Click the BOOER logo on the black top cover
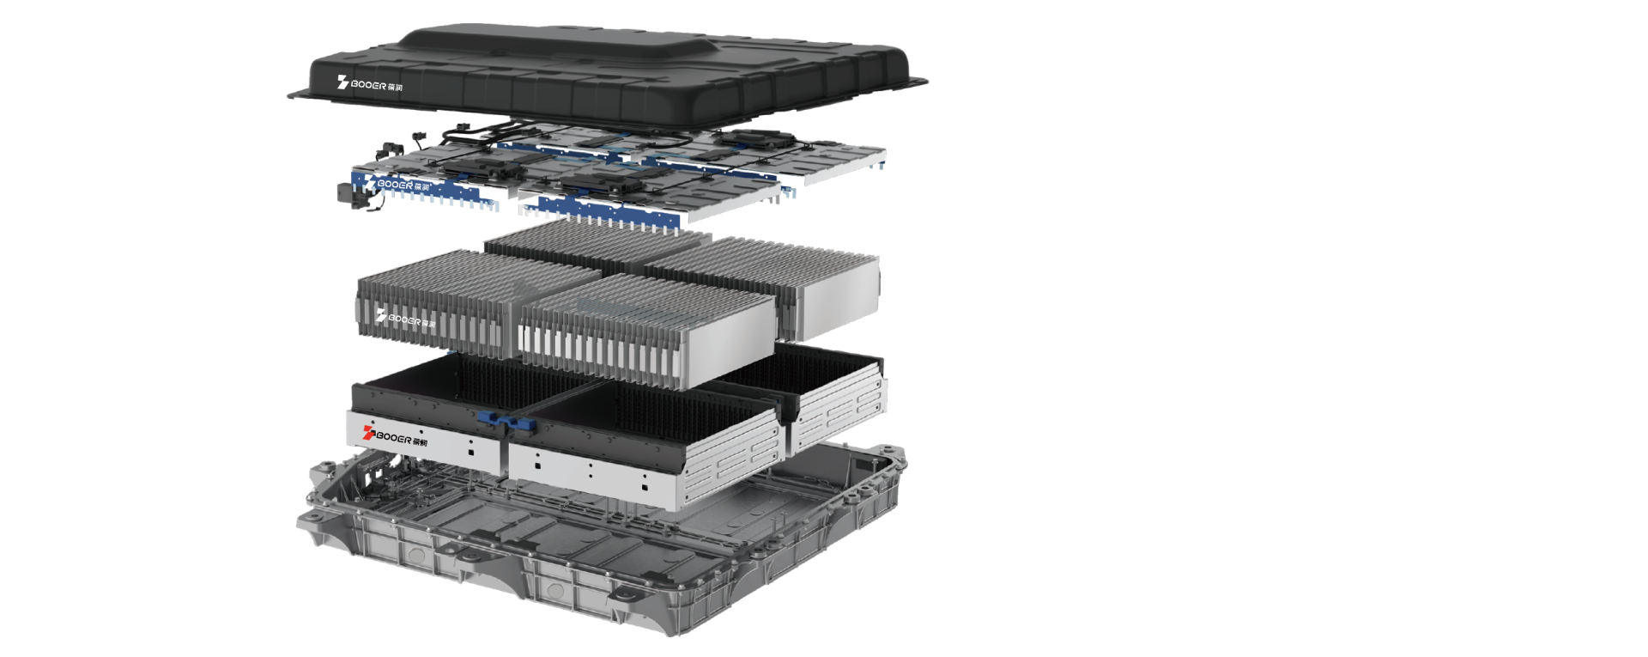370,85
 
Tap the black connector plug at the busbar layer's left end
347,194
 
